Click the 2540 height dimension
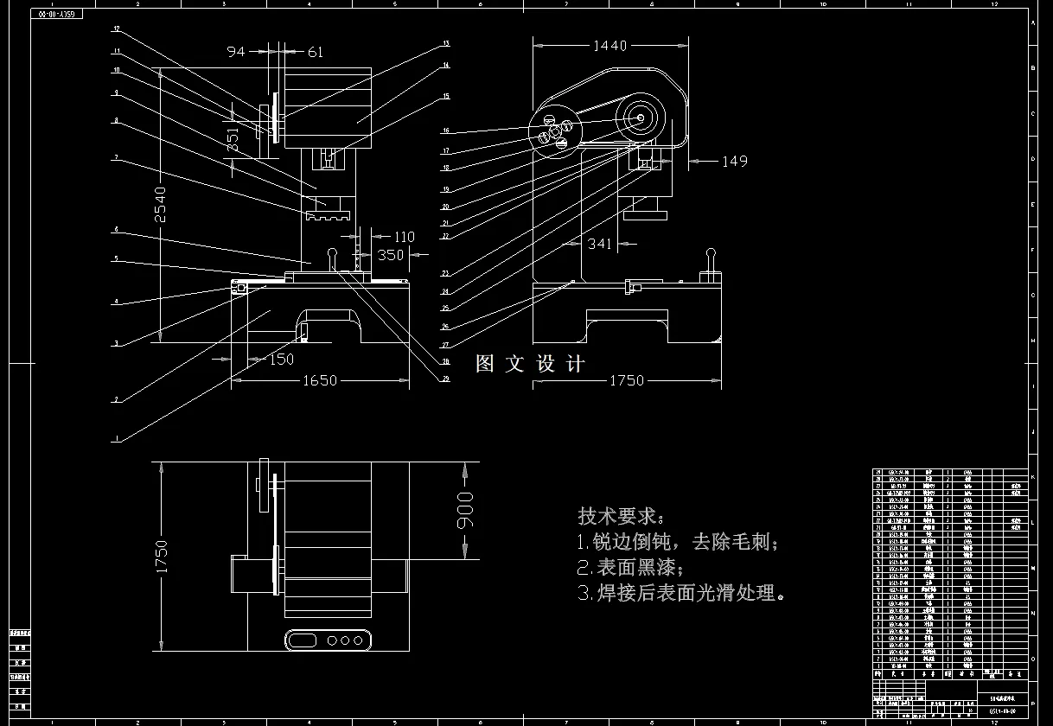(160, 204)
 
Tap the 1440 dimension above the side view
(609, 46)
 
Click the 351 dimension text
(233, 141)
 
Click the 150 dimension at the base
(280, 360)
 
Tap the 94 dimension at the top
(236, 52)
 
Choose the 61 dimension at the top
(315, 52)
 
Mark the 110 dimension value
(404, 237)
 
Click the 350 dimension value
(391, 255)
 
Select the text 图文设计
(530, 364)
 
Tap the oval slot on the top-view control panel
(303, 640)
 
